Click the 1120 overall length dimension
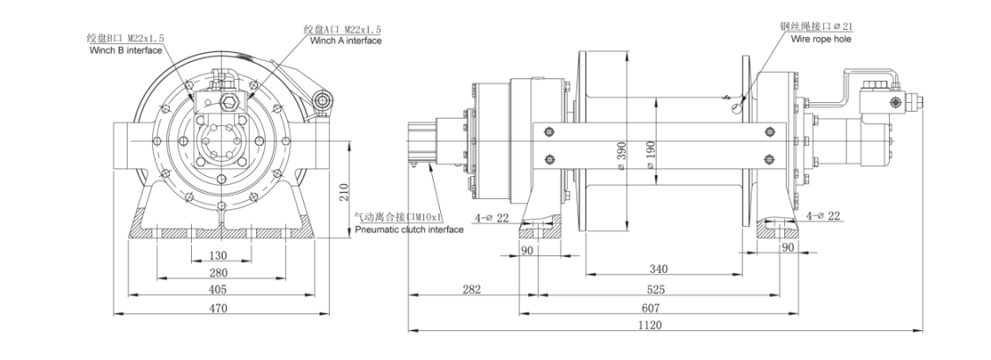[654, 325]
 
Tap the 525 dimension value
[656, 290]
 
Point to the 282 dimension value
[472, 290]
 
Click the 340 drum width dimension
[658, 269]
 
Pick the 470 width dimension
[218, 308]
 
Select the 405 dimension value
[218, 290]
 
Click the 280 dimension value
[218, 273]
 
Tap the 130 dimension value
[218, 256]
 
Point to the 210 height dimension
[344, 191]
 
